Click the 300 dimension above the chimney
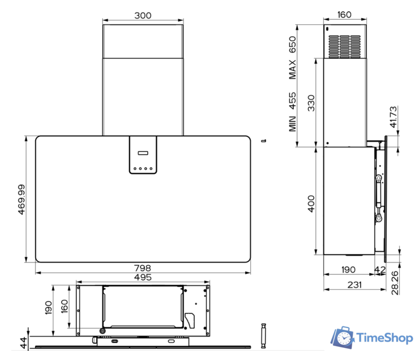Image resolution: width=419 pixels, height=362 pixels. click(143, 15)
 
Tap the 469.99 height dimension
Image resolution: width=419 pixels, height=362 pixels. click(22, 200)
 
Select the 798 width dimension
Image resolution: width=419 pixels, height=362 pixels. click(143, 268)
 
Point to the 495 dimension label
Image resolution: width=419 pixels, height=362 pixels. click(143, 277)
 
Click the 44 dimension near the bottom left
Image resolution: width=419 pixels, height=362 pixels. click(24, 343)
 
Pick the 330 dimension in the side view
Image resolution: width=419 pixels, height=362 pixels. click(311, 103)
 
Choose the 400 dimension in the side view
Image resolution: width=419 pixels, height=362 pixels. click(311, 204)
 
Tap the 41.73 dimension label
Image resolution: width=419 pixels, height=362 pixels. click(394, 117)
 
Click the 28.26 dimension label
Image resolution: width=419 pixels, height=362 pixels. click(395, 283)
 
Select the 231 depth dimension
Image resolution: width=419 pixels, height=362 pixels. click(354, 285)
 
